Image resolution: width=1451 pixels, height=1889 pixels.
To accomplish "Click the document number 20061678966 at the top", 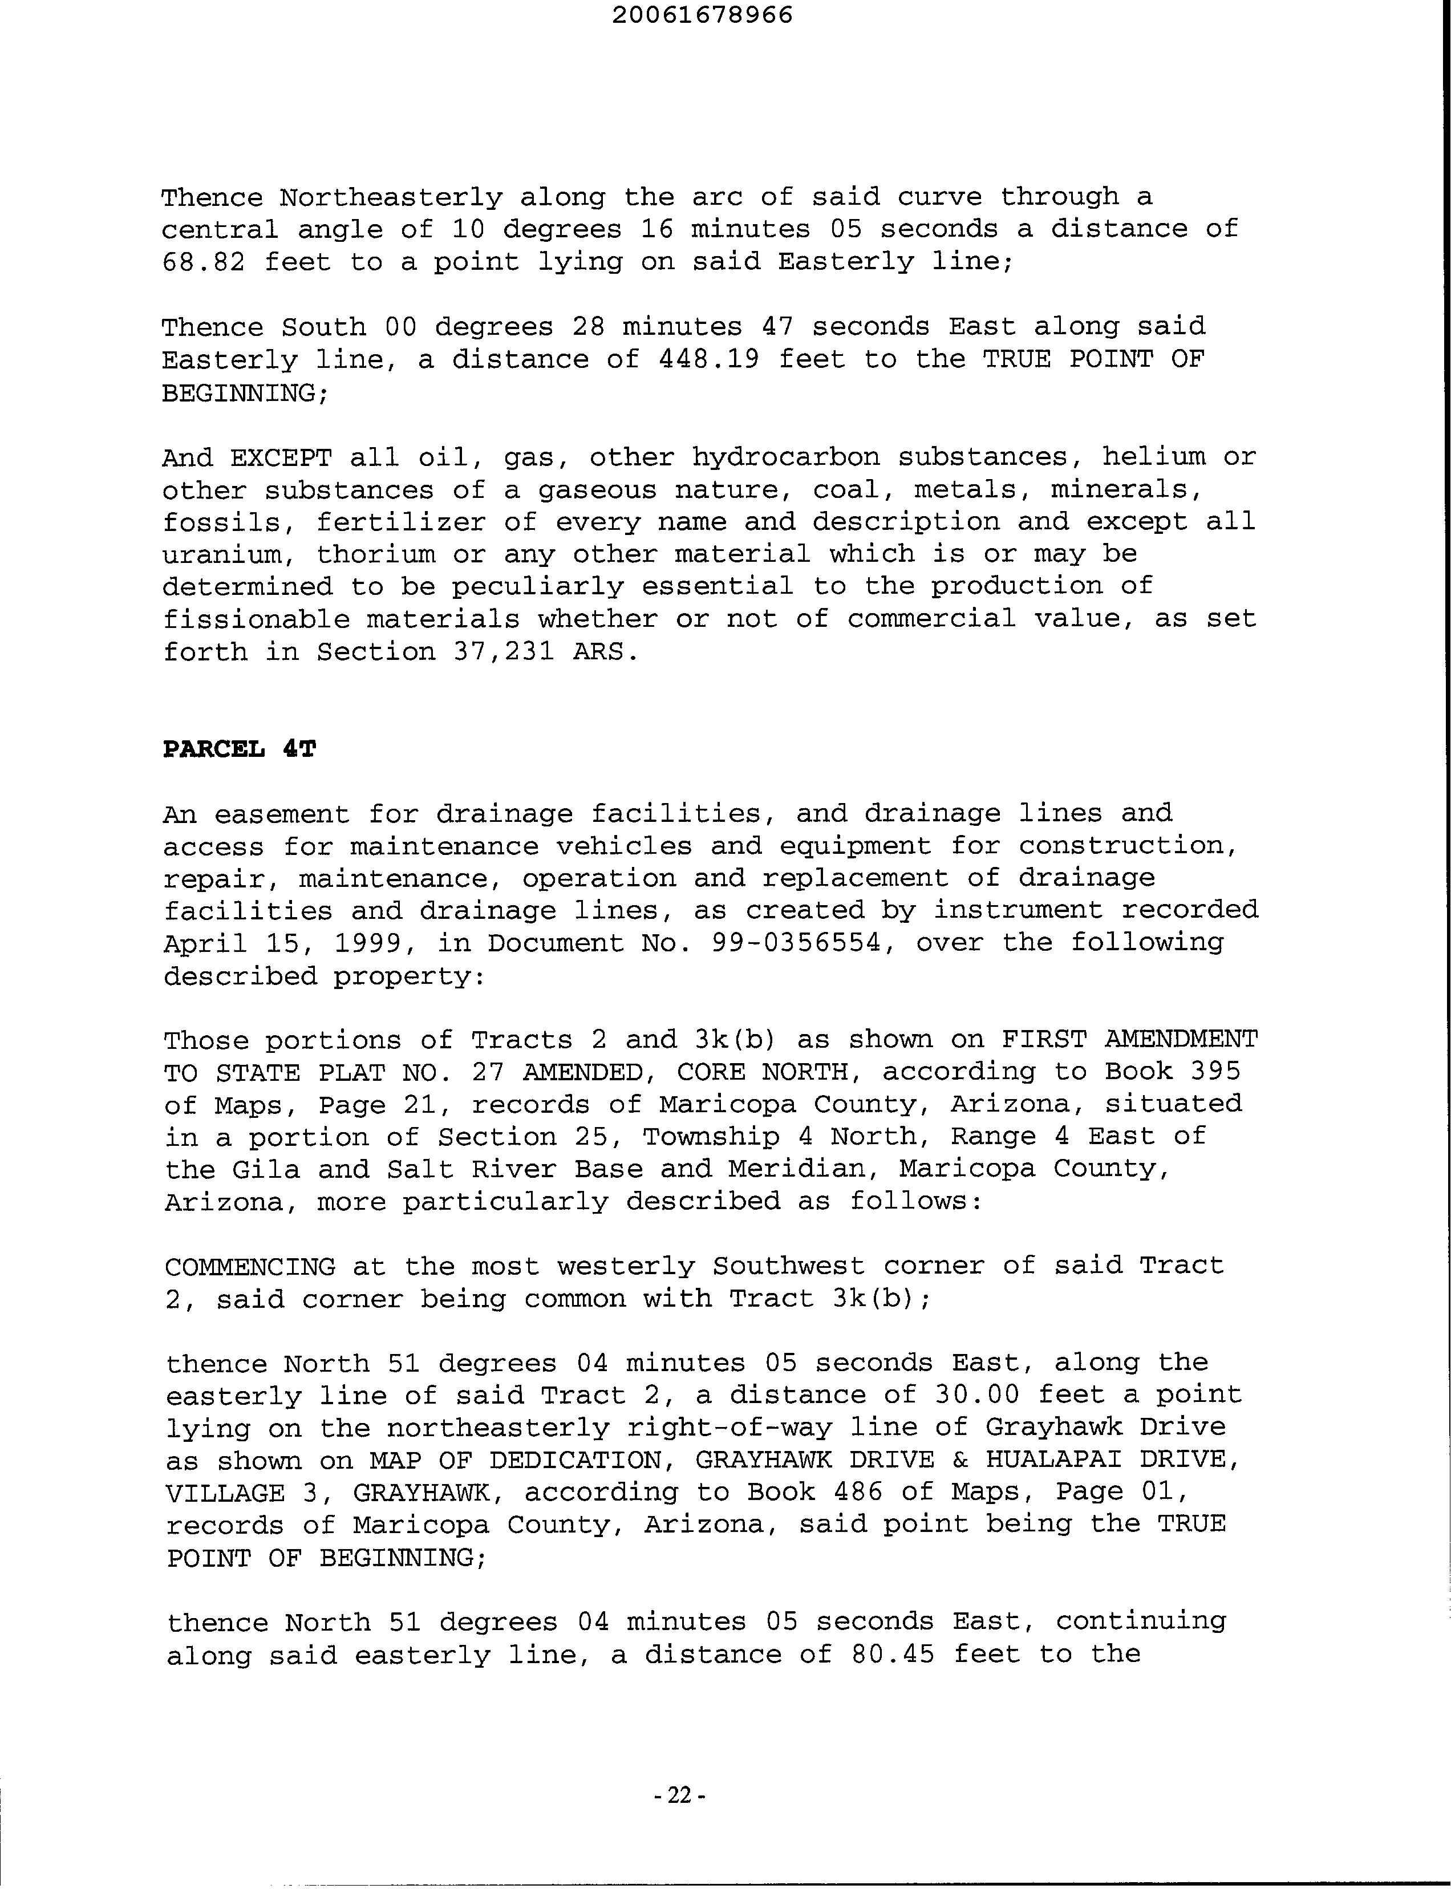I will click(x=702, y=15).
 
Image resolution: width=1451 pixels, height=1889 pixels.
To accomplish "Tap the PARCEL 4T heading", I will click(x=239, y=749).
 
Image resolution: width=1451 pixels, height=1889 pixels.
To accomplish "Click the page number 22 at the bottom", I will click(x=680, y=1795).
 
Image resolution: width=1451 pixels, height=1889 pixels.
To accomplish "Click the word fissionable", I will click(x=256, y=619).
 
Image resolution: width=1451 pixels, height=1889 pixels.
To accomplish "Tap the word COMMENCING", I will click(x=250, y=1266).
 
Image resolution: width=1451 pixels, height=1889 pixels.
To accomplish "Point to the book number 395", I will click(x=1215, y=1072).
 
